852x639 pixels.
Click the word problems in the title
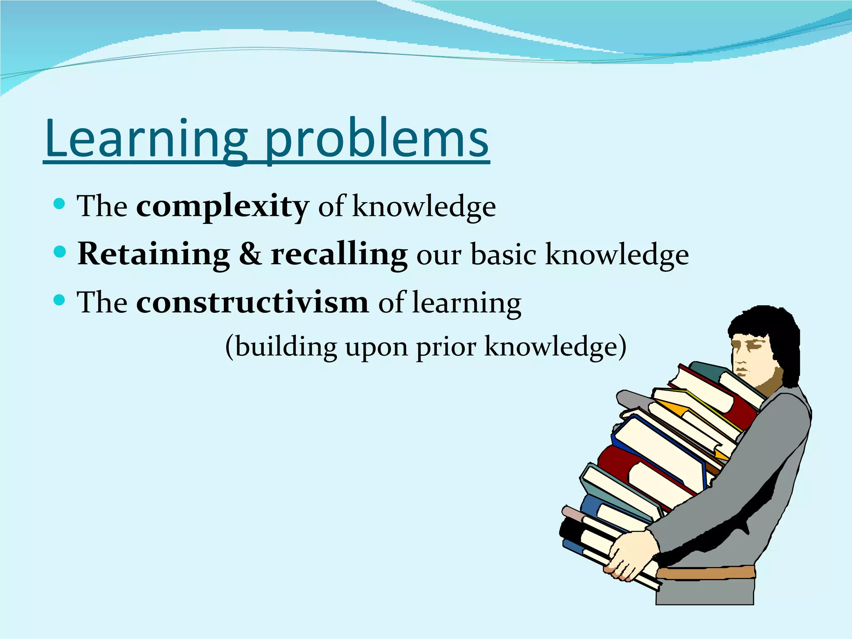[x=376, y=139]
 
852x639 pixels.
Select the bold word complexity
[x=223, y=206]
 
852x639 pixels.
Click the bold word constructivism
[x=252, y=302]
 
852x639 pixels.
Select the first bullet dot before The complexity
[x=60, y=203]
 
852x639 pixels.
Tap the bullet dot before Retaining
[x=60, y=252]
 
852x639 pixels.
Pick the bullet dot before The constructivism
[x=60, y=300]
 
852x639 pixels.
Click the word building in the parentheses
[x=286, y=347]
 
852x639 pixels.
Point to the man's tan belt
[x=707, y=573]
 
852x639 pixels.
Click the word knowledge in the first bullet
[x=424, y=206]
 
